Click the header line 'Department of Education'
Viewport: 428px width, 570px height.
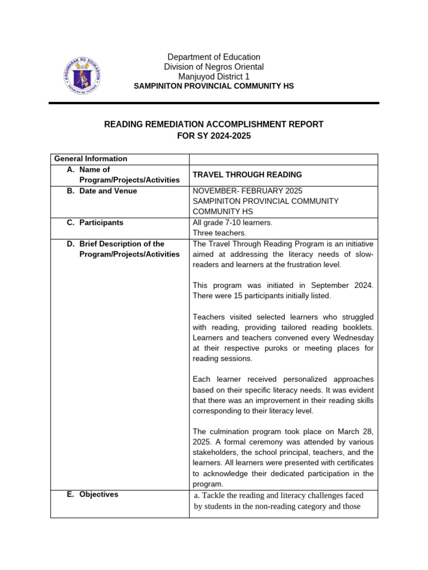coord(214,57)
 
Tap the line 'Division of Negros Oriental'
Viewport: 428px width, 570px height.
coord(214,67)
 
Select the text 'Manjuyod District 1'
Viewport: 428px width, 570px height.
coord(214,76)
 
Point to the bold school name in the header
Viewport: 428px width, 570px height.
coord(214,86)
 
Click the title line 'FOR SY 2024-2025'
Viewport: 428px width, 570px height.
coord(214,135)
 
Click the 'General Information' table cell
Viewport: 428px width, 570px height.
coord(91,159)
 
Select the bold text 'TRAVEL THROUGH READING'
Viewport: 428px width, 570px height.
coord(240,175)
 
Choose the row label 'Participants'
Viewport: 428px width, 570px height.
coord(101,223)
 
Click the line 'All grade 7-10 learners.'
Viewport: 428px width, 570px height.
coord(232,223)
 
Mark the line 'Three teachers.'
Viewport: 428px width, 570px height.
coord(220,233)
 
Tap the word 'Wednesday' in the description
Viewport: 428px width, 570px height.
coord(353,338)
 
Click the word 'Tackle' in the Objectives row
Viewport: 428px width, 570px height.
coord(213,495)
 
